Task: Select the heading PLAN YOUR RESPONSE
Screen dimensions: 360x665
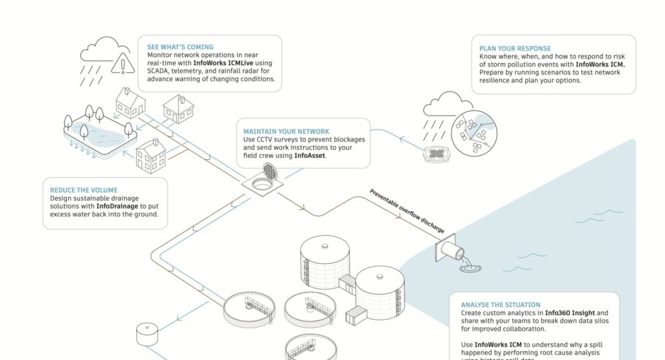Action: coord(514,49)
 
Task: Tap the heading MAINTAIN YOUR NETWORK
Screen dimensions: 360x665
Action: coord(281,131)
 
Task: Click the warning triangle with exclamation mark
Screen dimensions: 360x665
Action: coord(120,64)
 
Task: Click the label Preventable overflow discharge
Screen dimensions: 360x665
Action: coord(407,210)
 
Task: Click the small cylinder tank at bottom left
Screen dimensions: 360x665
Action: coord(146,334)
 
